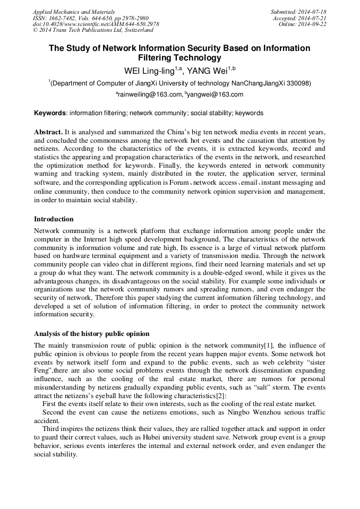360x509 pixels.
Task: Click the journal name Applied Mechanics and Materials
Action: point(73,12)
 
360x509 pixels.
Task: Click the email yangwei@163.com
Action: point(216,94)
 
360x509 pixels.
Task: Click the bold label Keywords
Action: point(50,113)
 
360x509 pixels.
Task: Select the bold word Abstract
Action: point(48,131)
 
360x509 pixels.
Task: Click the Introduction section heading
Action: point(54,219)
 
